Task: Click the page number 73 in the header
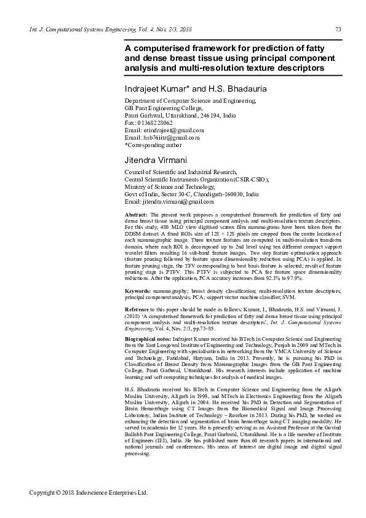[338, 30]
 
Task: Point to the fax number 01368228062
[155, 122]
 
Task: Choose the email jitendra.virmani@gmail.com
[178, 201]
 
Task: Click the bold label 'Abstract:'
[136, 213]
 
